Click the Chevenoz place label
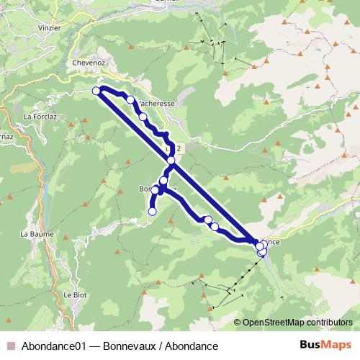coord(89,62)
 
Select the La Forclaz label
coord(39,115)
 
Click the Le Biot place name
coord(75,294)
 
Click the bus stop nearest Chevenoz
coord(96,90)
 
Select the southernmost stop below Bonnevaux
coord(152,211)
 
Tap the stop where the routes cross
coord(171,161)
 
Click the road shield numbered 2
coord(178,147)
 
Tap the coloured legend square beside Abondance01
coord(11,345)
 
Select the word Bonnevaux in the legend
coord(130,345)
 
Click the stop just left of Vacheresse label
coord(130,100)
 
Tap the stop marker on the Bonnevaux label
coord(156,190)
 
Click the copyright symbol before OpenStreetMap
coord(238,323)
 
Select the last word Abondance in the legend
coord(192,345)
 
